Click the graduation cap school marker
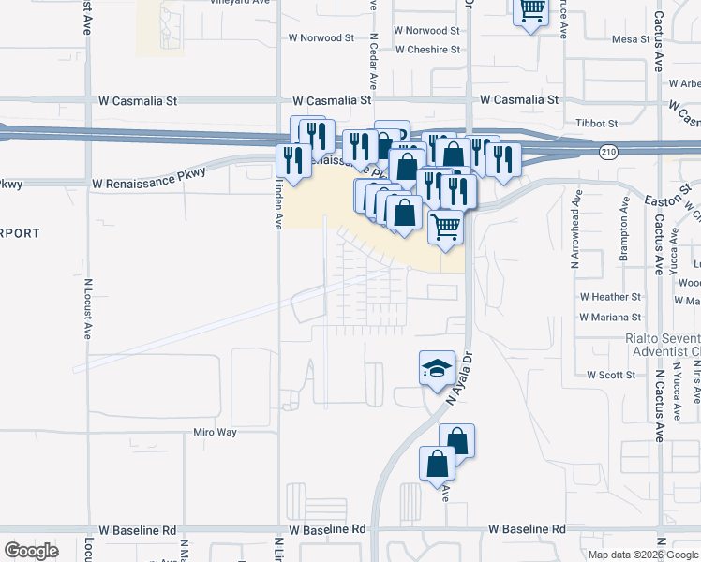(437, 368)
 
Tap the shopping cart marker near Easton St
(447, 226)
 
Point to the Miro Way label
(215, 433)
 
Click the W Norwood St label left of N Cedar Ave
(321, 38)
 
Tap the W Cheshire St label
(428, 50)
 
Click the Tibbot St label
(597, 123)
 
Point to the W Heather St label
(610, 296)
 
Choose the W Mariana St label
(610, 318)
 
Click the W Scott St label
(611, 375)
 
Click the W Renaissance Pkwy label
(149, 185)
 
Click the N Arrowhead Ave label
(576, 238)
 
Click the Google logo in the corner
(32, 551)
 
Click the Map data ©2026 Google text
(642, 555)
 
